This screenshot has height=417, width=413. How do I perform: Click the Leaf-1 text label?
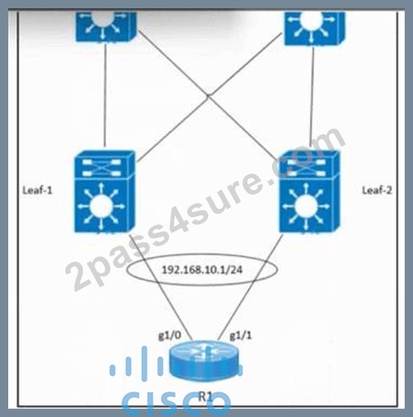[37, 190]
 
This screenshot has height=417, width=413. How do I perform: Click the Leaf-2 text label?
[377, 190]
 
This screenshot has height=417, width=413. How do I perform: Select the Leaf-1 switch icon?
[105, 192]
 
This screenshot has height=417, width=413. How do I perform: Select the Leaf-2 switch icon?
[309, 192]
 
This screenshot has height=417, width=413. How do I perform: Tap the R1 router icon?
[205, 361]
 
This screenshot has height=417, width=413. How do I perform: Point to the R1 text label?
[206, 396]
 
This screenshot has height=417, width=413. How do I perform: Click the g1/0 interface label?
[170, 335]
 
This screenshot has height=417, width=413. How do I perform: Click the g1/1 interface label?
[240, 335]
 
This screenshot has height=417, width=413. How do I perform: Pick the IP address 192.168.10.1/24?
[202, 270]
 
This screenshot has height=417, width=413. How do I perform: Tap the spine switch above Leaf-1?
[106, 26]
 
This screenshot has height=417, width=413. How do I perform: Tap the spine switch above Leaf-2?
[314, 28]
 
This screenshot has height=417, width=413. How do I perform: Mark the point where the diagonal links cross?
[208, 96]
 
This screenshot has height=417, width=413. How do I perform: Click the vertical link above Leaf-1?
[105, 94]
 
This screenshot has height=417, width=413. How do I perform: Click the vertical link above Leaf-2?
[312, 97]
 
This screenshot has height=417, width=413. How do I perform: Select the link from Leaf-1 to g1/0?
[161, 287]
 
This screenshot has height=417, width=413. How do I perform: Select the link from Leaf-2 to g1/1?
[250, 287]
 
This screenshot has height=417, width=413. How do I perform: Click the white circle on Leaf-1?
[102, 206]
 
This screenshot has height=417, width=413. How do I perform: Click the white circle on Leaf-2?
[306, 206]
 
